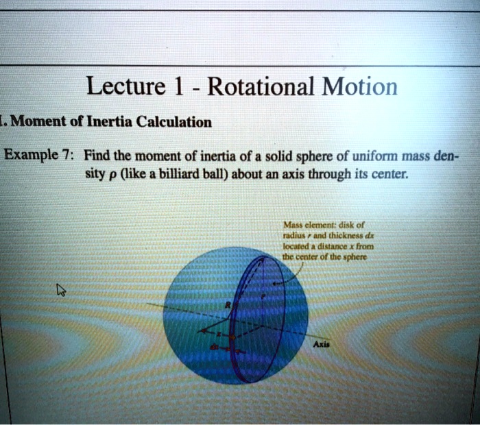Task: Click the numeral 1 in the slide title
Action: click(x=178, y=86)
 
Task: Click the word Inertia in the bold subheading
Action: click(x=110, y=122)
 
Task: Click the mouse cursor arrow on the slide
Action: click(x=61, y=291)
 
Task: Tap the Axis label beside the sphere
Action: click(x=320, y=347)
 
